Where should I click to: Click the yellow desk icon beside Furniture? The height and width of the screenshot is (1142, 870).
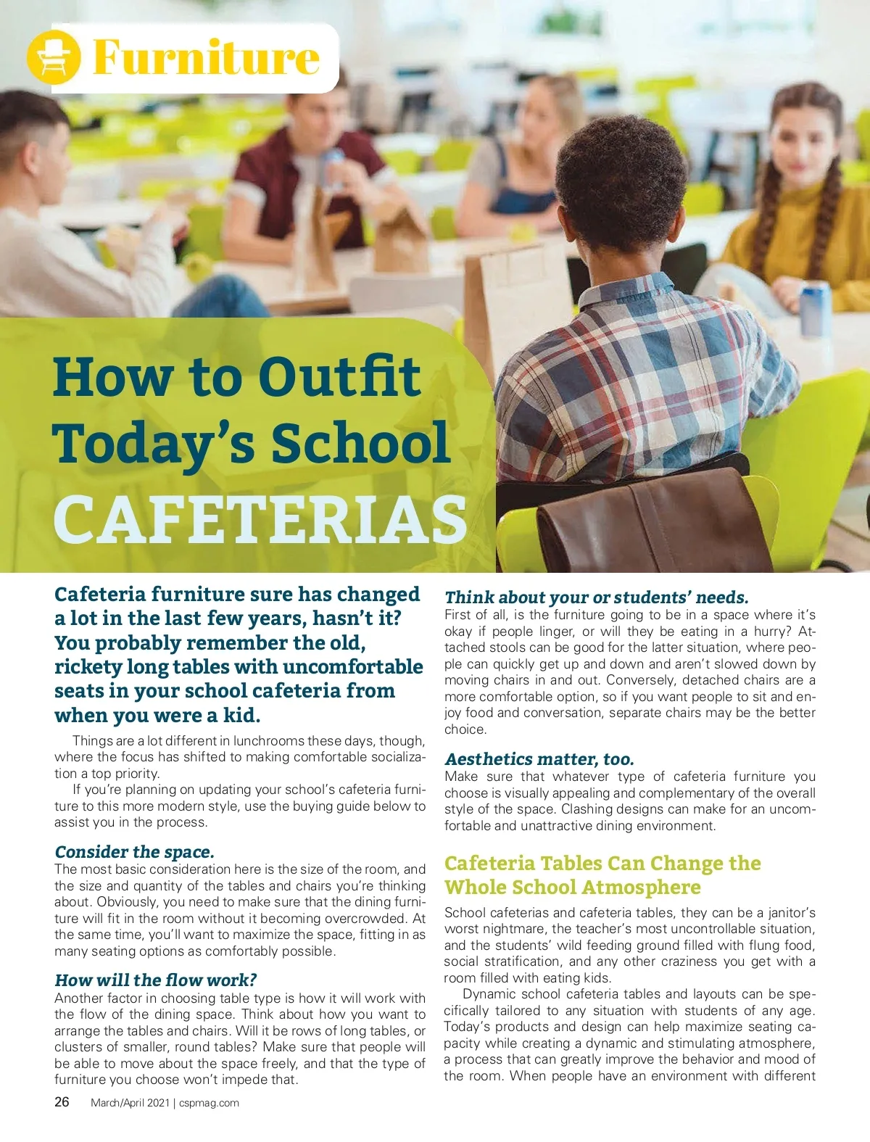coord(52,57)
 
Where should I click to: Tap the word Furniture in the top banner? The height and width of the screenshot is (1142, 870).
coord(206,57)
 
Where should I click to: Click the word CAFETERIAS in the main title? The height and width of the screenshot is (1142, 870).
coord(260,519)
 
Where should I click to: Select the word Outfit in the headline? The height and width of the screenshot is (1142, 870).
coord(339,378)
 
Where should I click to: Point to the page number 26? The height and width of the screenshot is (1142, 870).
coord(62,1102)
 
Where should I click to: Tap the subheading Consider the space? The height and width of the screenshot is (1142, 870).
coord(134,851)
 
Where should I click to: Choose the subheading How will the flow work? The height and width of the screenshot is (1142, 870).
coord(155,980)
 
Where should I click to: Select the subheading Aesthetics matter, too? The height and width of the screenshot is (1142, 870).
coord(539,759)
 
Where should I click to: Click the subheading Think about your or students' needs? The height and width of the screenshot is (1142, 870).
coord(596,597)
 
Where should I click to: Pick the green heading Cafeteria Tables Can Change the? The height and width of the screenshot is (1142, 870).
coord(602,863)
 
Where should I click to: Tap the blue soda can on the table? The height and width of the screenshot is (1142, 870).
coord(814,308)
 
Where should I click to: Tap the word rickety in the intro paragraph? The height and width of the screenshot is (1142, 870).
coord(88,667)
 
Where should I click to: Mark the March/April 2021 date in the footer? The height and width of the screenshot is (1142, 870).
coord(130,1103)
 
